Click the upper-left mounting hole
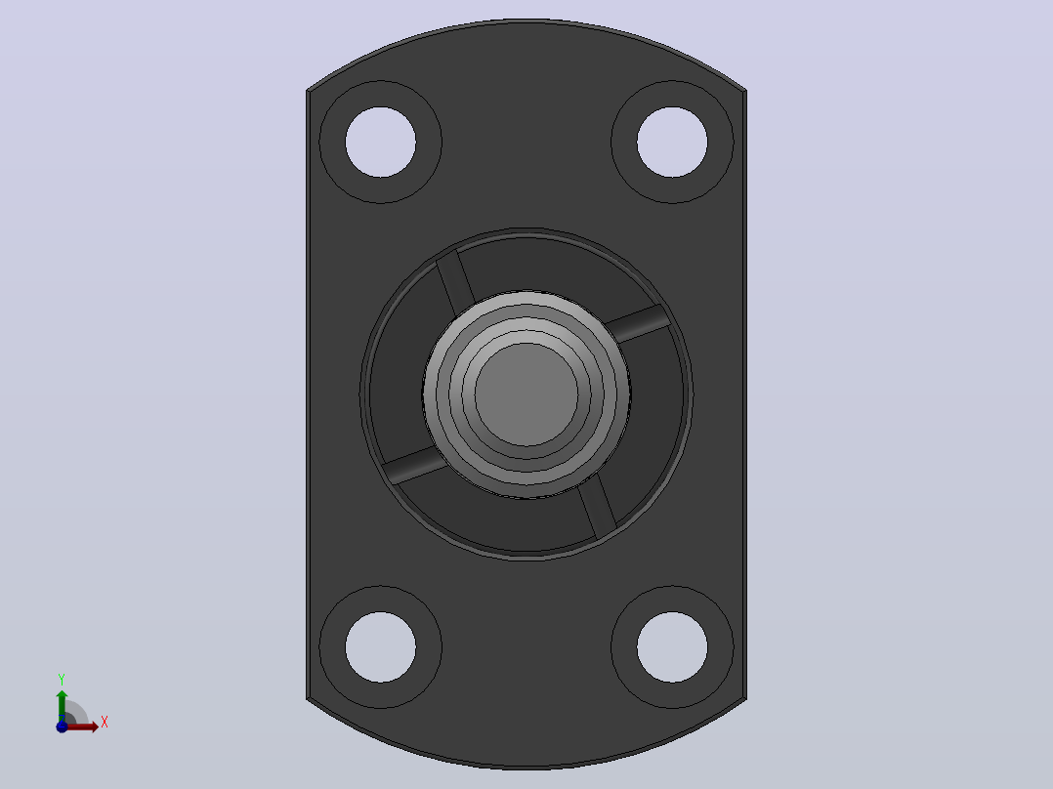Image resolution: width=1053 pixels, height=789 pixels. [x=380, y=142]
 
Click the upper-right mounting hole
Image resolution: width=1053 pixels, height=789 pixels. [x=672, y=142]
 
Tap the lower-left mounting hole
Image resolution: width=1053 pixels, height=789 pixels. [x=380, y=647]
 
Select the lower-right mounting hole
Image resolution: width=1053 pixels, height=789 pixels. [x=672, y=647]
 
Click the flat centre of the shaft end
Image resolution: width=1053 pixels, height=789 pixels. [x=526, y=394]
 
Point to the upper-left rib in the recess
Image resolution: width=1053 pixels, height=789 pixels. [x=456, y=282]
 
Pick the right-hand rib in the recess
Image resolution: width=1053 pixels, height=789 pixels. [x=637, y=323]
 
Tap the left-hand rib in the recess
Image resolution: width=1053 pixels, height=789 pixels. [x=415, y=465]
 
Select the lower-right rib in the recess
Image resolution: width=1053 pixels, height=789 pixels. [x=597, y=508]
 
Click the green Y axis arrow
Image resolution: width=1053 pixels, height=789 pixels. [x=62, y=705]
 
